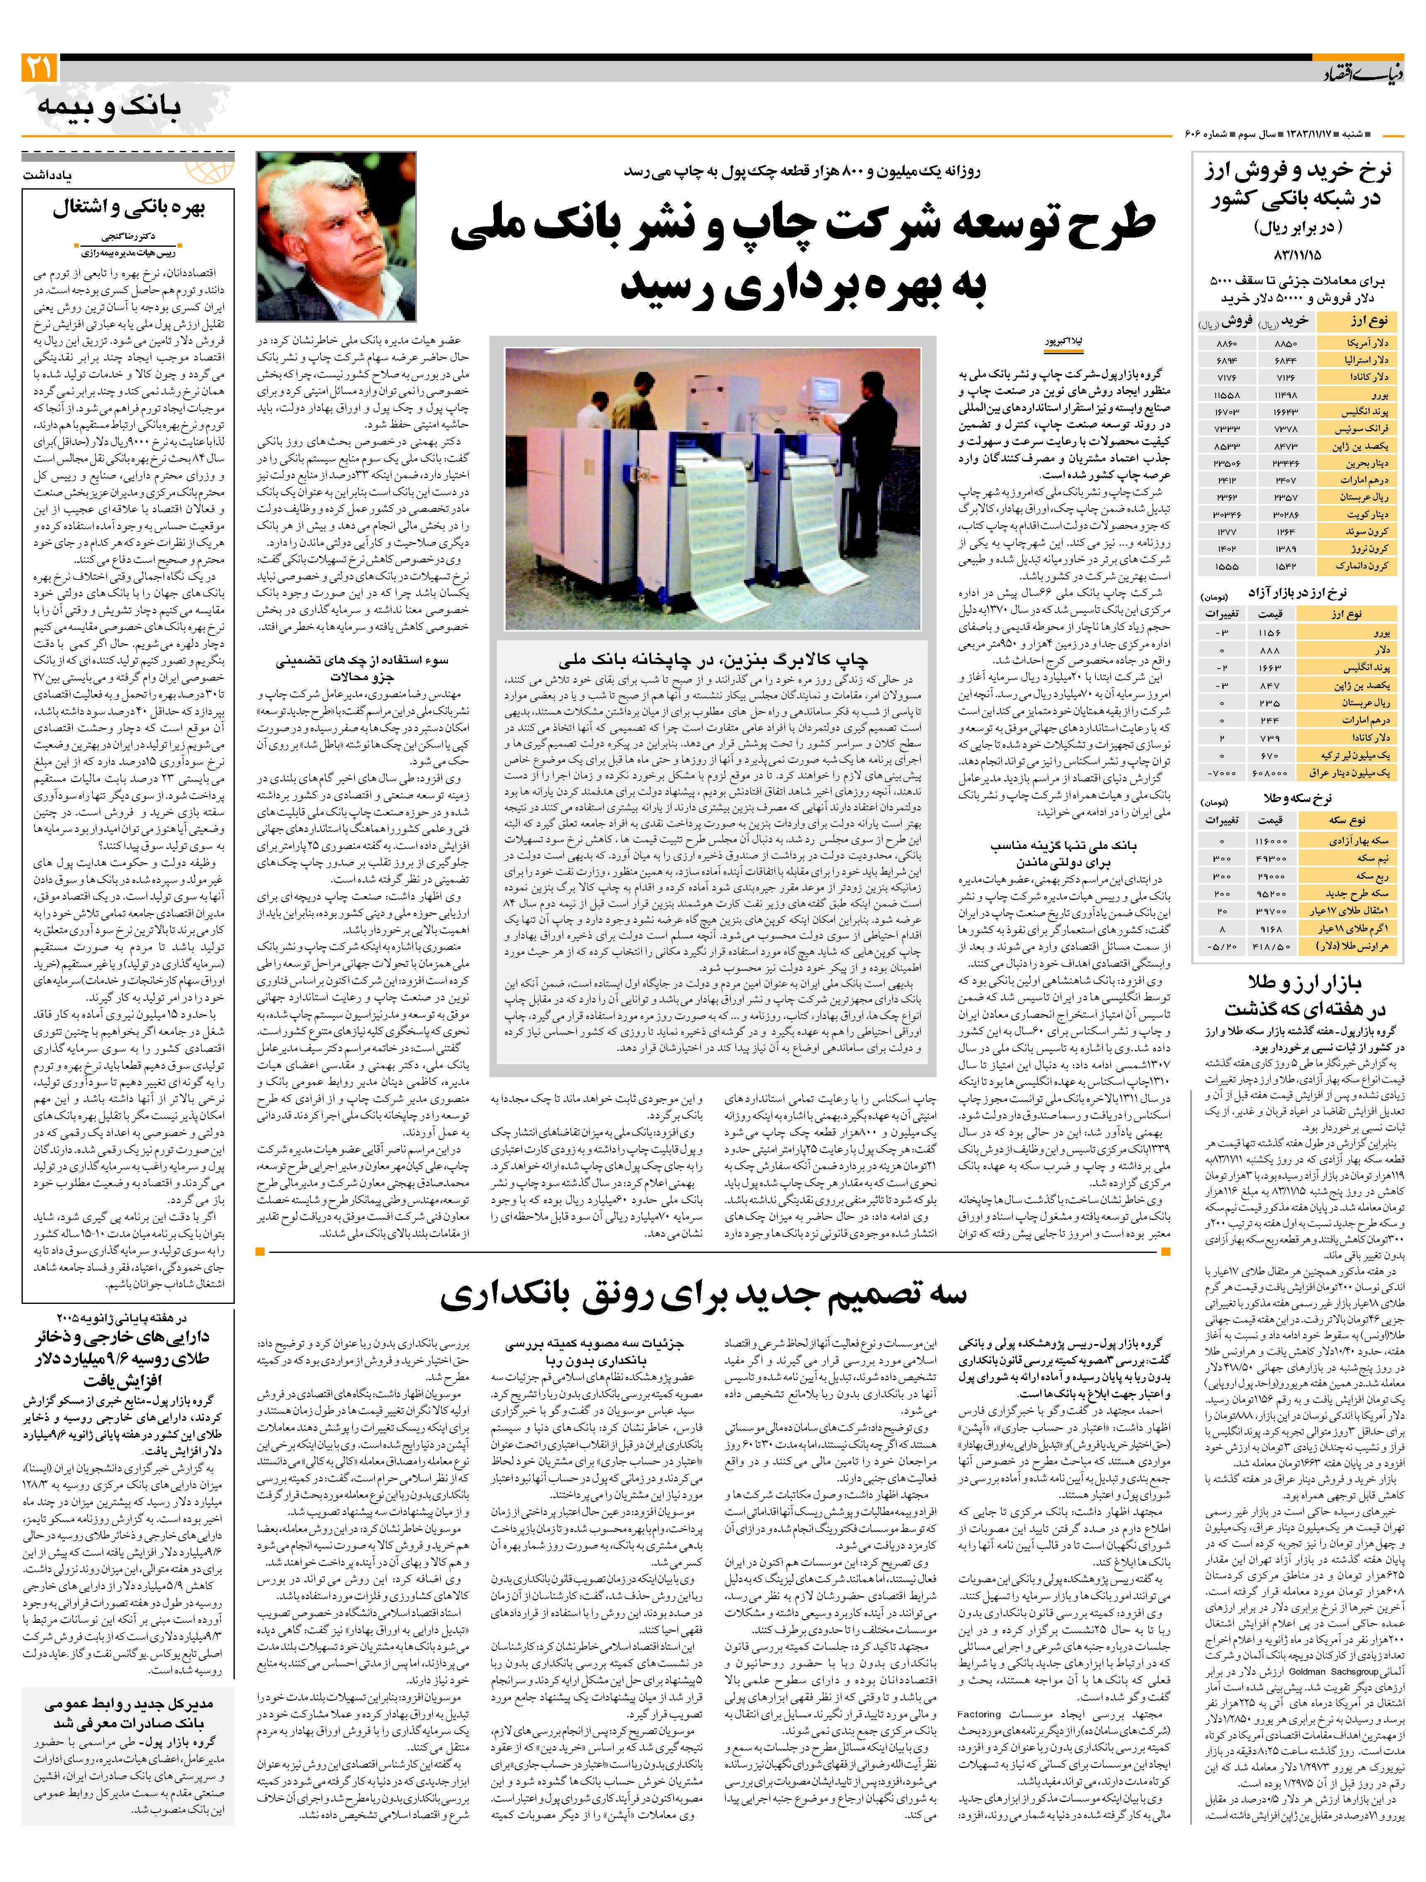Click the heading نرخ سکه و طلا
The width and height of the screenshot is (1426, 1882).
click(1297, 798)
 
